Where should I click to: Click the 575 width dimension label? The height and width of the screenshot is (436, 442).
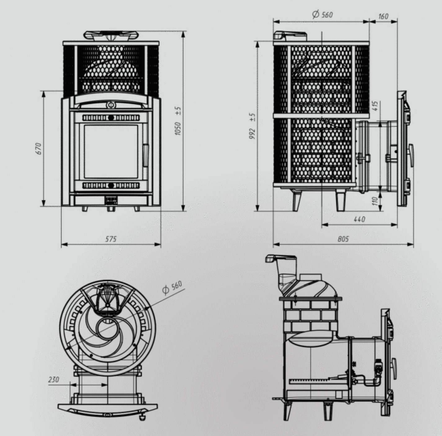(x=111, y=239)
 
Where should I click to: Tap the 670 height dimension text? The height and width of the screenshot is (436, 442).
(x=39, y=149)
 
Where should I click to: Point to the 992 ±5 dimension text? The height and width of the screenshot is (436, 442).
(x=252, y=126)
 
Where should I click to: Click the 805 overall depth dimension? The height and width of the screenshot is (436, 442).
(x=343, y=239)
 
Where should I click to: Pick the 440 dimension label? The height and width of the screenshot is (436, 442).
(x=359, y=219)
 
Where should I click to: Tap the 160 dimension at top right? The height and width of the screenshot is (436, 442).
(x=383, y=16)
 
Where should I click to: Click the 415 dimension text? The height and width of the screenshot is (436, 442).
(x=376, y=106)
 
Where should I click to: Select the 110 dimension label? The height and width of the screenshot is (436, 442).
(x=375, y=201)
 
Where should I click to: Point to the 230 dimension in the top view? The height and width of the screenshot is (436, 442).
(x=54, y=380)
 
